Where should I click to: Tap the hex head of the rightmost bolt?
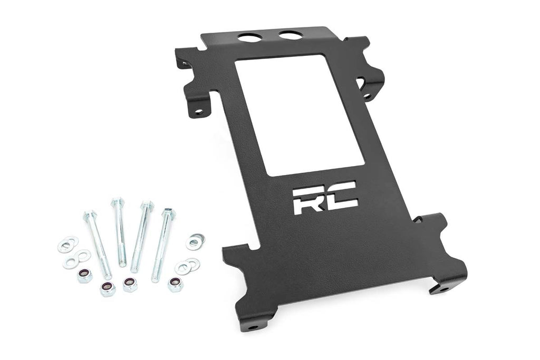coord(169,213)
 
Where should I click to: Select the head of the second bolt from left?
coord(117,202)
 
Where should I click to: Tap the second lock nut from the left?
coord(108,288)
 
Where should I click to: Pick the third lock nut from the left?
coord(130,284)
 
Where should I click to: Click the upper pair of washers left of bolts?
coord(68,244)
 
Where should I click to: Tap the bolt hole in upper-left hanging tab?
coord(198,111)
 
